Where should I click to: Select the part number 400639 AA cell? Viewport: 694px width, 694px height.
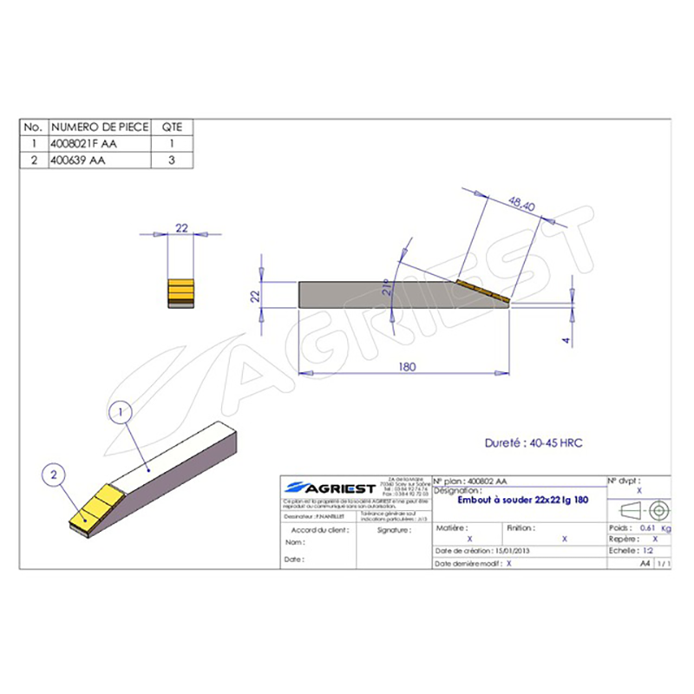pos(78,160)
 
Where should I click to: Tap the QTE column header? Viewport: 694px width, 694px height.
pos(172,128)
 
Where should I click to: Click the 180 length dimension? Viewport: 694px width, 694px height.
pos(406,367)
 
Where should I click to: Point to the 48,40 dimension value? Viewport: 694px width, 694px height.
pos(520,205)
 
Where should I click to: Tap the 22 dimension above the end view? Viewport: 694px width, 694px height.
pos(182,227)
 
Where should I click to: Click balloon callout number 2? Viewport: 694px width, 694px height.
pos(55,475)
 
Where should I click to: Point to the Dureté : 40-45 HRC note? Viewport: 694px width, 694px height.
pos(534,442)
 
